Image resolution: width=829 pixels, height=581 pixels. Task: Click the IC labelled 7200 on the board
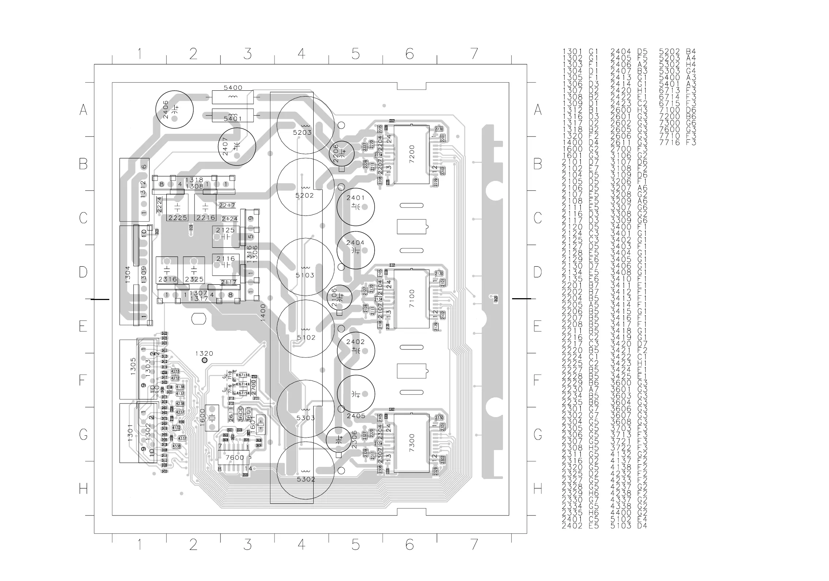point(411,154)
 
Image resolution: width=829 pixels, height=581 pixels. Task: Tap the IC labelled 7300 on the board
point(411,443)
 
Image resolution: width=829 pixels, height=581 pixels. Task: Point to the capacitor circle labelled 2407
point(236,146)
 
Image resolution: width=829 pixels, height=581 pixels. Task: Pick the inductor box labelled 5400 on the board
point(232,97)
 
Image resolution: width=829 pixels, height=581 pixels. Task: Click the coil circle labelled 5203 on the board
point(305,125)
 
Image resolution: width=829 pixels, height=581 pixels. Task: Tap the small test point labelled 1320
point(204,360)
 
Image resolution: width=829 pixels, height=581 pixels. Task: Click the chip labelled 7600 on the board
point(234,458)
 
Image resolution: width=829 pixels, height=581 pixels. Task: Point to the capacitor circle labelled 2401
point(356,206)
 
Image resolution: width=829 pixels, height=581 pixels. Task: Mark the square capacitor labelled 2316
point(167,270)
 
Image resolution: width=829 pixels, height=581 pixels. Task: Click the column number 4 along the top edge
point(301,54)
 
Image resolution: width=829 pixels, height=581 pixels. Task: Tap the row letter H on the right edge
point(538,488)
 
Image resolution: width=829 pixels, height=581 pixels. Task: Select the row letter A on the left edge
point(83,109)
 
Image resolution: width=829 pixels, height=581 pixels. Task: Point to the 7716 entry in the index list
point(678,142)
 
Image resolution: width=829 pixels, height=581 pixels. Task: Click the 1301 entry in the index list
point(580,52)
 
